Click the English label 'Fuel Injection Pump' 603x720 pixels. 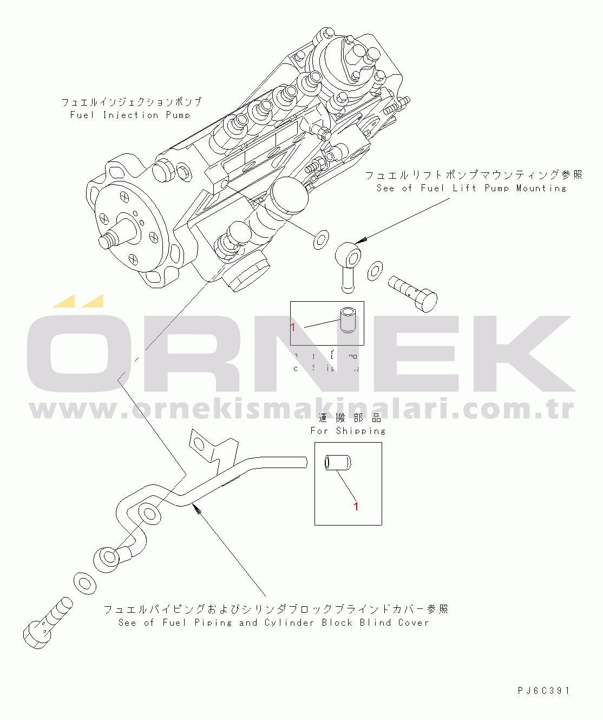130,115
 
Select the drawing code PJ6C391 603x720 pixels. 543,691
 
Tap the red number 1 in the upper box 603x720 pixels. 293,327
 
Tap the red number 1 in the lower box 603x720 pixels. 356,506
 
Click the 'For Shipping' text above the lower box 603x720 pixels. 348,431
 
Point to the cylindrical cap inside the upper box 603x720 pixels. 346,320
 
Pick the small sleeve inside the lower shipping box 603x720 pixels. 337,464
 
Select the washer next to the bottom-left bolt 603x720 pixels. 84,583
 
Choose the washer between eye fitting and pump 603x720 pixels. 321,238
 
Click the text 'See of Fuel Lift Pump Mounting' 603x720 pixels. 471,188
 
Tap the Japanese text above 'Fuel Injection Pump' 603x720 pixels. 131,102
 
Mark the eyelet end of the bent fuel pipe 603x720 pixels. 107,558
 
